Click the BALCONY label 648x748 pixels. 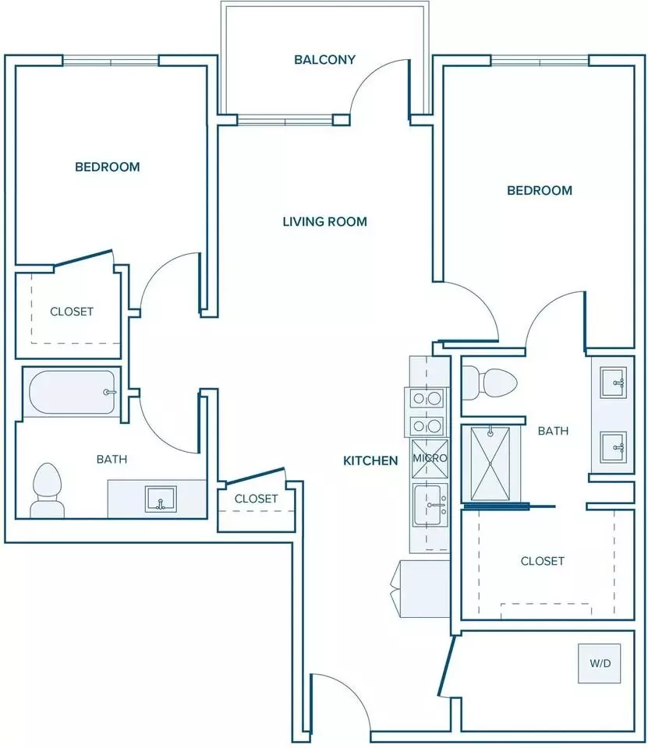click(324, 60)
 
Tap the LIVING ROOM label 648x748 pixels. click(324, 221)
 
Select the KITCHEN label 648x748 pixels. click(370, 460)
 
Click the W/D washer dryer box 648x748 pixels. click(600, 663)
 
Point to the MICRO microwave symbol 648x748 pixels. click(430, 458)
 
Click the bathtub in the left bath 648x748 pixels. click(72, 392)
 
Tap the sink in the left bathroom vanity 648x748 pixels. click(161, 499)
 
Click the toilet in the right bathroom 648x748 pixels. click(490, 383)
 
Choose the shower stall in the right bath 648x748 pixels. click(490, 463)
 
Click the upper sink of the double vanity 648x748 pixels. click(613, 382)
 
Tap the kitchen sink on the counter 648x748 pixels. click(430, 505)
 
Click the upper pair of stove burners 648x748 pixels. click(427, 398)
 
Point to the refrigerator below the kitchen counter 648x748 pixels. click(420, 589)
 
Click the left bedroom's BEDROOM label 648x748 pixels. click(108, 167)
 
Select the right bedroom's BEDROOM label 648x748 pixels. click(540, 190)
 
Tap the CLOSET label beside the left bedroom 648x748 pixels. click(72, 312)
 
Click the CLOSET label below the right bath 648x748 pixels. click(543, 560)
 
